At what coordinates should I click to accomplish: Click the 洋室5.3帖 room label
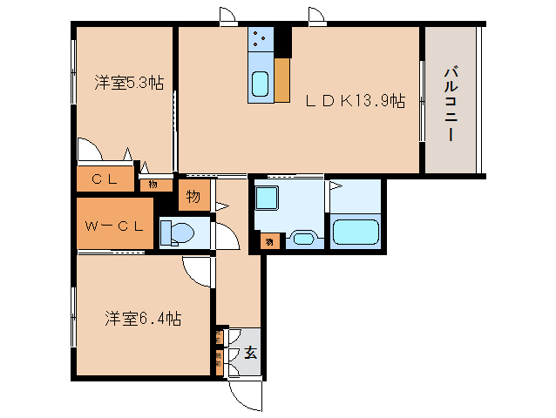[x=129, y=84]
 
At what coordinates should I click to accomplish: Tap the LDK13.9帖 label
[x=354, y=101]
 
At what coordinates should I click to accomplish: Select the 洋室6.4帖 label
[x=144, y=318]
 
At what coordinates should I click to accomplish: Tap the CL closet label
[x=104, y=182]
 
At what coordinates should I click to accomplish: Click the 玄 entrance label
[x=249, y=353]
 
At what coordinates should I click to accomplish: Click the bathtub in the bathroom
[x=355, y=233]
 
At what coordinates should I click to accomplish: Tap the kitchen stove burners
[x=261, y=39]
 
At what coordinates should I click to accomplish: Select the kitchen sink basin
[x=261, y=84]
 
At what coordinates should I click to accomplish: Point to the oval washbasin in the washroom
[x=302, y=238]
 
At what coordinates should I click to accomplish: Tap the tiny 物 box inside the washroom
[x=269, y=241]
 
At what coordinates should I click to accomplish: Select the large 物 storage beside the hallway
[x=193, y=197]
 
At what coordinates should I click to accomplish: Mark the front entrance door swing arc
[x=244, y=395]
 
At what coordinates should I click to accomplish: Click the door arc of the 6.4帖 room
[x=199, y=272]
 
